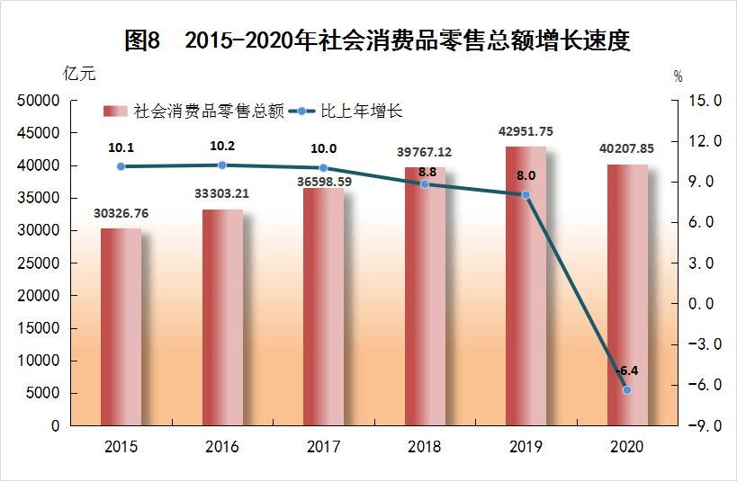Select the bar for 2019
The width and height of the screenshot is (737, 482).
point(526,285)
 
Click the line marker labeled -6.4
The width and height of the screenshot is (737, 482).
point(627,389)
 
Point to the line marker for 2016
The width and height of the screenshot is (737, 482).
point(222,165)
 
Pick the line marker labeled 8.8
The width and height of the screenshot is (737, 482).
point(425,183)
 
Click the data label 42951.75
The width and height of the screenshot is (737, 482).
point(526,131)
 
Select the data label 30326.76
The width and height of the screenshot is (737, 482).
point(121,213)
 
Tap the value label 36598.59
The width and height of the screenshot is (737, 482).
point(323,182)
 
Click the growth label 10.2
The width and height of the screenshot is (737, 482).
point(222,146)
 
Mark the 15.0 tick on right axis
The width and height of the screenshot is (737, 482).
point(703,101)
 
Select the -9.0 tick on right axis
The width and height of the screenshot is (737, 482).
point(703,425)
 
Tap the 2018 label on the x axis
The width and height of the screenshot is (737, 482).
point(425,447)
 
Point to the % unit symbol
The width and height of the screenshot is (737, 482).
point(679,76)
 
